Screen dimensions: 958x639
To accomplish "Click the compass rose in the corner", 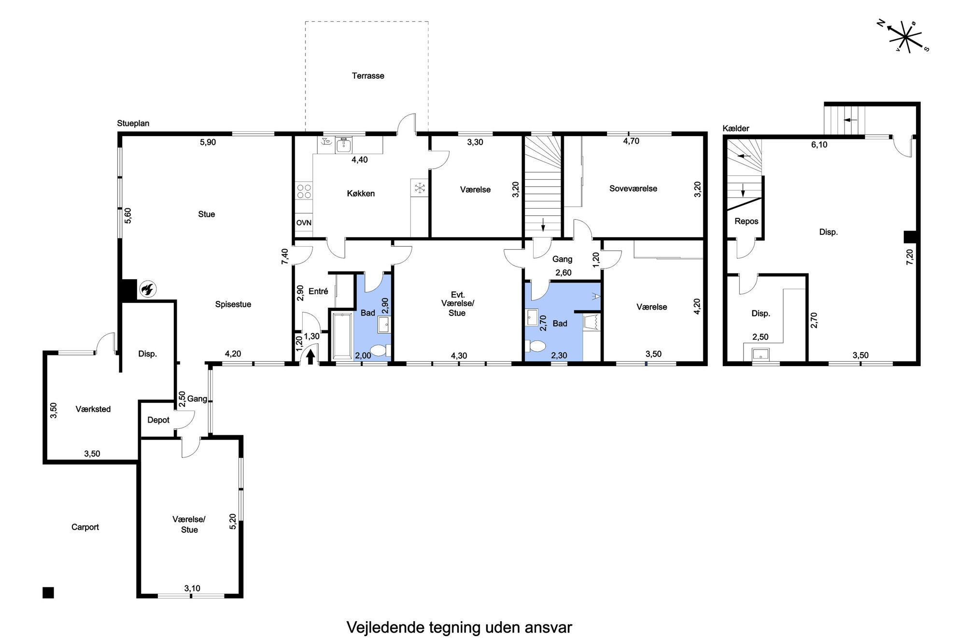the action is (903, 37).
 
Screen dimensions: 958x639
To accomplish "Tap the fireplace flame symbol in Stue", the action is (147, 289).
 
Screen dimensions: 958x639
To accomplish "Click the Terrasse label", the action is (368, 76).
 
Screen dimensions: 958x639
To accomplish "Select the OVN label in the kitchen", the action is (304, 223).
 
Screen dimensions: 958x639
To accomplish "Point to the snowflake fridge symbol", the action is (420, 187).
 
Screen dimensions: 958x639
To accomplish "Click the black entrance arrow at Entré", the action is (310, 356).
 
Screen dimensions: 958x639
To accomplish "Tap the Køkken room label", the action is (361, 194).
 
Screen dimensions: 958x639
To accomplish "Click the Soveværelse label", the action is (633, 189).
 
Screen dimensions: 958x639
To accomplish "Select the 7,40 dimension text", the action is (284, 256).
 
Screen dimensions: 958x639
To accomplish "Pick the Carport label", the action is (85, 527).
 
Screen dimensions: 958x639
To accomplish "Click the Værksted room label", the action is (93, 409).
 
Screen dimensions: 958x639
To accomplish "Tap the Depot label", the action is (158, 420).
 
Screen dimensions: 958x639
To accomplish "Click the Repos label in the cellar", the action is (747, 221).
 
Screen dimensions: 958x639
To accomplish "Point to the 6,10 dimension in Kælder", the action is (819, 144).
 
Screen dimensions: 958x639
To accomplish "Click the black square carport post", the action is (48, 593).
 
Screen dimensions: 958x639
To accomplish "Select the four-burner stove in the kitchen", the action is (304, 191).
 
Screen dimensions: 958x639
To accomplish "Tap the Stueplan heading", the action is (133, 124).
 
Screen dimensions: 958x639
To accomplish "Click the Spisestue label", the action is (233, 305).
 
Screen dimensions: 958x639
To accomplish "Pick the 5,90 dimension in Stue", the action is (208, 142).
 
